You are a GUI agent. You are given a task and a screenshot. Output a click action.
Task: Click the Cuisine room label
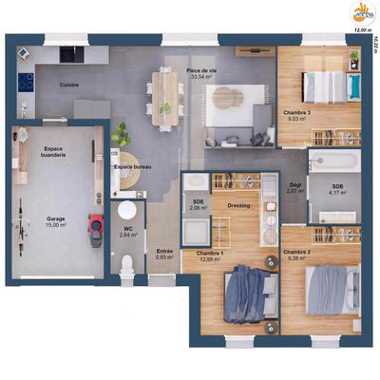[68, 85]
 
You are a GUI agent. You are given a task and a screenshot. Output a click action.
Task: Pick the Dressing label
[238, 204]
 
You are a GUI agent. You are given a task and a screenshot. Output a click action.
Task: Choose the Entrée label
[164, 252]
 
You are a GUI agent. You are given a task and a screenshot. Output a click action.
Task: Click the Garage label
[56, 220]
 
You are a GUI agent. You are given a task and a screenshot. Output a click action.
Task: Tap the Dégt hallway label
[294, 188]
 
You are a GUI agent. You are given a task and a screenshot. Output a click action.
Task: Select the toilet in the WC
[127, 258]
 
